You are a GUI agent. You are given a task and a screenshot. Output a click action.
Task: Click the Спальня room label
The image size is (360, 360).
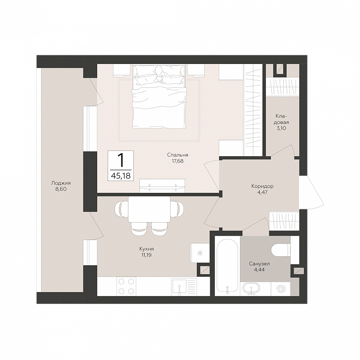pyautogui.click(x=178, y=155)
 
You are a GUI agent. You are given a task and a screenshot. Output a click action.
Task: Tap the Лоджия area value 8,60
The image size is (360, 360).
pyautogui.click(x=61, y=189)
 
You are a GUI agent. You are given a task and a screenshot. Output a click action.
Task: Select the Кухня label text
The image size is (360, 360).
pyautogui.click(x=146, y=249)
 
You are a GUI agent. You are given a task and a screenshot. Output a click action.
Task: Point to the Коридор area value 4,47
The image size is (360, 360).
pyautogui.click(x=262, y=192)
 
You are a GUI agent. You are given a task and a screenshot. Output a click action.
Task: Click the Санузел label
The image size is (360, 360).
pyautogui.click(x=259, y=264)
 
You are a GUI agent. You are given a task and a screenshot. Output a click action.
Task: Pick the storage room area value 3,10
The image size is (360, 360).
pyautogui.click(x=281, y=128)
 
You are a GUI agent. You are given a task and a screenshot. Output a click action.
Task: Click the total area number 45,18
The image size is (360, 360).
pyautogui.click(x=121, y=176)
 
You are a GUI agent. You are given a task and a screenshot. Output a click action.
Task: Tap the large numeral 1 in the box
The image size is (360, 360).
pyautogui.click(x=120, y=160)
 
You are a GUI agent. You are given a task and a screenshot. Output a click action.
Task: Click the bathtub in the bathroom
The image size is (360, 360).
pyautogui.click(x=227, y=267)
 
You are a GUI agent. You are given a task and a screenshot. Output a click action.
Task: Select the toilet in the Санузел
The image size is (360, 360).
pyautogui.click(x=281, y=250)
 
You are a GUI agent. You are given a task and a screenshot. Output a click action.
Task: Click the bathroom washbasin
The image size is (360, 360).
pyautogui.click(x=252, y=289)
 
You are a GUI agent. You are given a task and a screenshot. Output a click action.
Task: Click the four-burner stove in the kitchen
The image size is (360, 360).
pyautogui.click(x=126, y=286)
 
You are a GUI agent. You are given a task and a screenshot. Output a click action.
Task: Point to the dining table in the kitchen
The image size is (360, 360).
pyautogui.click(x=149, y=209)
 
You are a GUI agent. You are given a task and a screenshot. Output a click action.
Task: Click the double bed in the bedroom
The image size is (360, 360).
pyautogui.click(x=159, y=96)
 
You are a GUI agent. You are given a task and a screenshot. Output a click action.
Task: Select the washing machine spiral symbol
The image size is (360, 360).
pyautogui.click(x=281, y=289)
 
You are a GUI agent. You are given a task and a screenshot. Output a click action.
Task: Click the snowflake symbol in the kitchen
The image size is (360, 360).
pyautogui.click(x=200, y=253)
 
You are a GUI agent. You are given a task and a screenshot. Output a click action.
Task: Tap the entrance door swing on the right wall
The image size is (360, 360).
pyautogui.click(x=311, y=192)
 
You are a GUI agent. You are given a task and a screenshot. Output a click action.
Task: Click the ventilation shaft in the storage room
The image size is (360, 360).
pyautogui.click(x=280, y=69)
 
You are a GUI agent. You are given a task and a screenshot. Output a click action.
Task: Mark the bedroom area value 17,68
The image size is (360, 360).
pyautogui.click(x=178, y=161)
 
